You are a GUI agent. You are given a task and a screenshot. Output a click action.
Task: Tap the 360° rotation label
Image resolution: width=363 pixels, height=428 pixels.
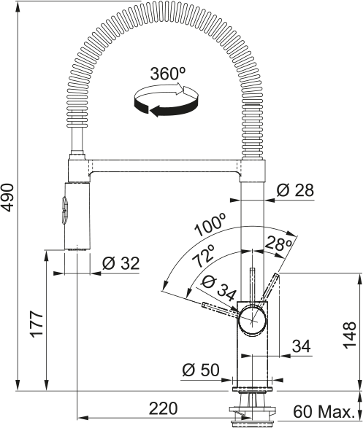click(x=167, y=74)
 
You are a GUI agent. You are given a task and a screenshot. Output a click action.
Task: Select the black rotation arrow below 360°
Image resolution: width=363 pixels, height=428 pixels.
click(x=166, y=107)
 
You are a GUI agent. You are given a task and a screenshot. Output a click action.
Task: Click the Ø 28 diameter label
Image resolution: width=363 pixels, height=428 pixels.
click(x=295, y=190)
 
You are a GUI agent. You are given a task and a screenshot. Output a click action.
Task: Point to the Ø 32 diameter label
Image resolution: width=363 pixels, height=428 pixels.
click(x=121, y=263)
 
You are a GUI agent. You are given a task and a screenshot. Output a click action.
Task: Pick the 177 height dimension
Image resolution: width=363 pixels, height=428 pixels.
click(x=37, y=324)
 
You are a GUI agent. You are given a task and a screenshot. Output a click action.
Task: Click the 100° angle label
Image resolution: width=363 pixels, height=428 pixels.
click(x=210, y=225)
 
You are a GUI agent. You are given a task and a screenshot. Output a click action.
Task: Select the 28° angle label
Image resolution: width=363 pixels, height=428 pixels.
click(x=278, y=244)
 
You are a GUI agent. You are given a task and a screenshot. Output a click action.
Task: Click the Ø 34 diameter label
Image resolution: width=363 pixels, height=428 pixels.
click(x=218, y=287)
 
